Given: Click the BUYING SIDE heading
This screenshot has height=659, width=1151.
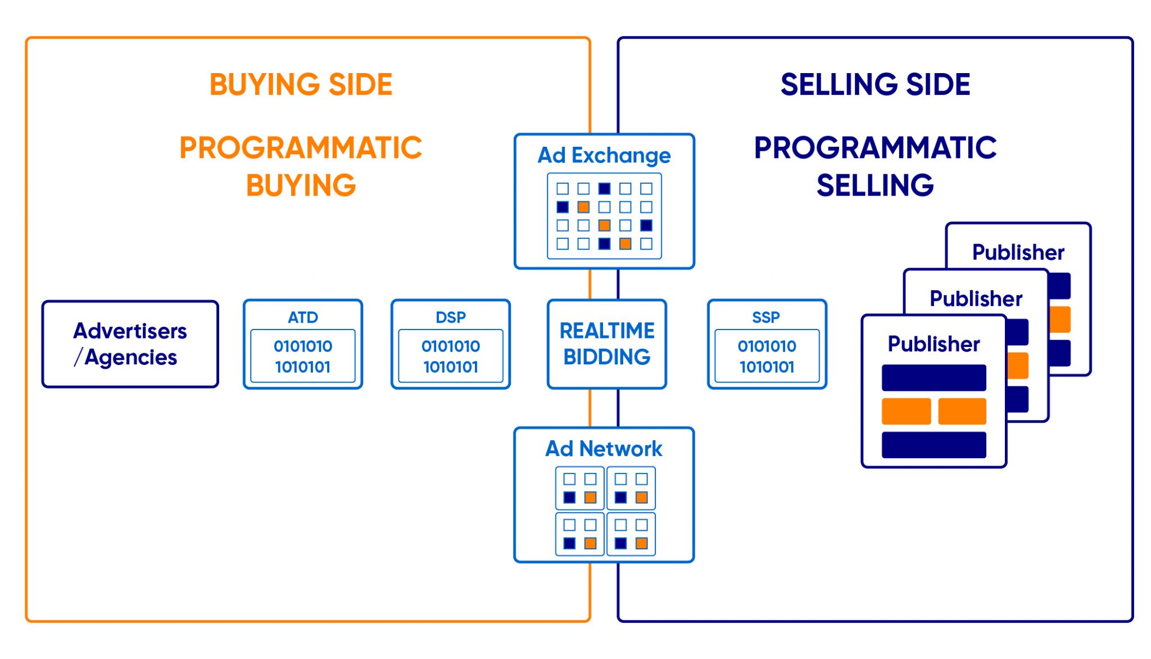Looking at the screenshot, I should (301, 84).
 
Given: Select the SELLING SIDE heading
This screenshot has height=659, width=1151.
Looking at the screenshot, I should (875, 84).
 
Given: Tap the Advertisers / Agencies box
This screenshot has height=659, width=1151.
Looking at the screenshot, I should (130, 344).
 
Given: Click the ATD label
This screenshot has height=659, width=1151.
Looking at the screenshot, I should (303, 317).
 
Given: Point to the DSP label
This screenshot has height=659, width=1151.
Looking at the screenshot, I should (451, 317).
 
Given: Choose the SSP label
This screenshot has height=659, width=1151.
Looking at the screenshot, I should (766, 317).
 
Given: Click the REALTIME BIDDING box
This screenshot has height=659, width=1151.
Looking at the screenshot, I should (607, 344).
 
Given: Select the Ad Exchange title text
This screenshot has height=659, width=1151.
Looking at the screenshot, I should (604, 155).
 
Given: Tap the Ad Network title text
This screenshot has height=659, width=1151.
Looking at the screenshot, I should (604, 449).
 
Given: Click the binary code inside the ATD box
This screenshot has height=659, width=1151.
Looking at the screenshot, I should (303, 356).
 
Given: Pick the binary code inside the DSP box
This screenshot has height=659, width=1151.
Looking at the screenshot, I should (451, 356).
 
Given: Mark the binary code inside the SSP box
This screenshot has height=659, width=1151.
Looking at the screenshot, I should (767, 356).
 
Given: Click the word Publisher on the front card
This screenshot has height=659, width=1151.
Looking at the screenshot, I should (934, 344).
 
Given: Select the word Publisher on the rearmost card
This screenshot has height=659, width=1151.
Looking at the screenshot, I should (1018, 252).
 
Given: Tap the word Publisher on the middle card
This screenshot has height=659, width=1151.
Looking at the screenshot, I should (976, 298).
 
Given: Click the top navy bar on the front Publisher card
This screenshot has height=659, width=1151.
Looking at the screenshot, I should (934, 378).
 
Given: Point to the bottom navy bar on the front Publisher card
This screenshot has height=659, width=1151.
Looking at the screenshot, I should (934, 445).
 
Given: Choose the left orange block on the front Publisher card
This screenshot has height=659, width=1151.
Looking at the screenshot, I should (906, 411).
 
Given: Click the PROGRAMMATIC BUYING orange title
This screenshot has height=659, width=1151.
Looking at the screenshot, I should (301, 166).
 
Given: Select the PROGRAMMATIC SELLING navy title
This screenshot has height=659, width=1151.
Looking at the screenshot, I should (875, 166).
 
